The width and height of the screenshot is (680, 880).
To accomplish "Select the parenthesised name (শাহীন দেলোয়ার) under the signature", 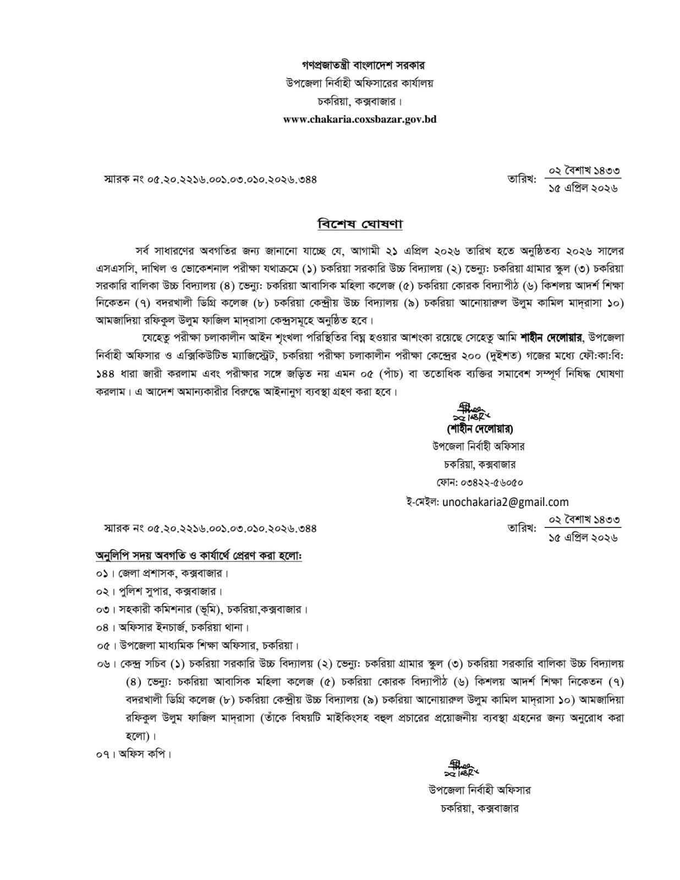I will [478, 428].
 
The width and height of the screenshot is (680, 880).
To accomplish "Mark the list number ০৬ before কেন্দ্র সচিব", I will [103, 664].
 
